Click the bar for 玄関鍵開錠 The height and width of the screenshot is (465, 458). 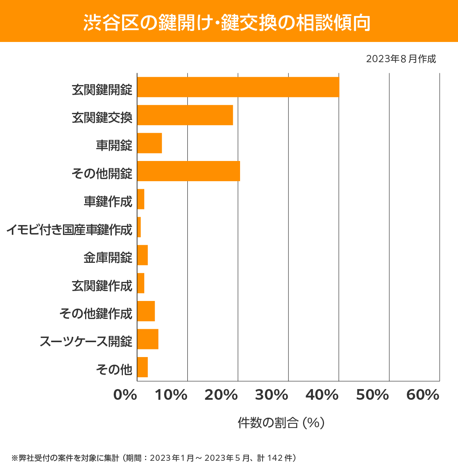[238, 87]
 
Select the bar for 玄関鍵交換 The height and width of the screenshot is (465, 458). [185, 115]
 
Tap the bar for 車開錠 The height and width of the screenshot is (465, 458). [150, 143]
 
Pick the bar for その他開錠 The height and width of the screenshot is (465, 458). [189, 171]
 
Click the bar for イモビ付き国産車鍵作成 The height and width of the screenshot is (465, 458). [139, 227]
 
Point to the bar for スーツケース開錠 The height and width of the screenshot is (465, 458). [148, 339]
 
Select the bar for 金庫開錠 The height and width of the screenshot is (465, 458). [142, 255]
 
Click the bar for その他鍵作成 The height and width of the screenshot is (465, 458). [146, 311]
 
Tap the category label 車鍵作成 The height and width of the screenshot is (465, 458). [108, 201]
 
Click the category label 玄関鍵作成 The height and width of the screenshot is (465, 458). [102, 286]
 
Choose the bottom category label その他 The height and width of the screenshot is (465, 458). [114, 369]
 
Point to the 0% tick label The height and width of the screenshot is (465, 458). [125, 395]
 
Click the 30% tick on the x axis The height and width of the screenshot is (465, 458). [271, 395]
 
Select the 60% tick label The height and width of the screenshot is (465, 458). [423, 395]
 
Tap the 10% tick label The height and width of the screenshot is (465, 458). [171, 395]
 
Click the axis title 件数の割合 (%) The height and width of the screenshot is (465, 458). [281, 423]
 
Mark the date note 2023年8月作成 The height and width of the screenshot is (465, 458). [401, 59]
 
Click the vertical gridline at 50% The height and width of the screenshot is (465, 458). [389, 229]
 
